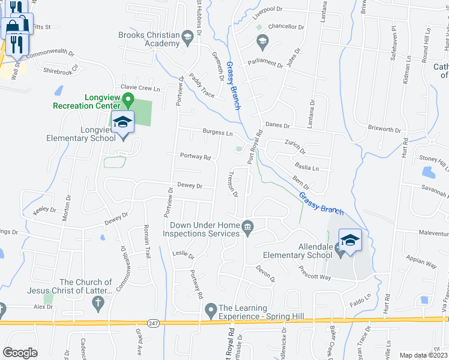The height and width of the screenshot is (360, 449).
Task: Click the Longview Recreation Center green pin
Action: [x=127, y=98]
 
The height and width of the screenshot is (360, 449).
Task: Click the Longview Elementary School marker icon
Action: [x=122, y=122]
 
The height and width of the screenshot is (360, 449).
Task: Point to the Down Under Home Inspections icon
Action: [x=247, y=226]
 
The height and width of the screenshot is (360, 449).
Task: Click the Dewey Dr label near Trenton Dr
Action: [x=190, y=186]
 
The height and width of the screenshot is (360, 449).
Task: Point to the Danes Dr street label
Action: [x=278, y=126]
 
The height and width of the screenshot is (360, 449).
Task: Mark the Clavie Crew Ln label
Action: [x=142, y=88]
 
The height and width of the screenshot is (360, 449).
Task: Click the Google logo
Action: [x=20, y=353]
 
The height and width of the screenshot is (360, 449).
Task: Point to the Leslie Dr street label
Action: [x=184, y=254]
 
